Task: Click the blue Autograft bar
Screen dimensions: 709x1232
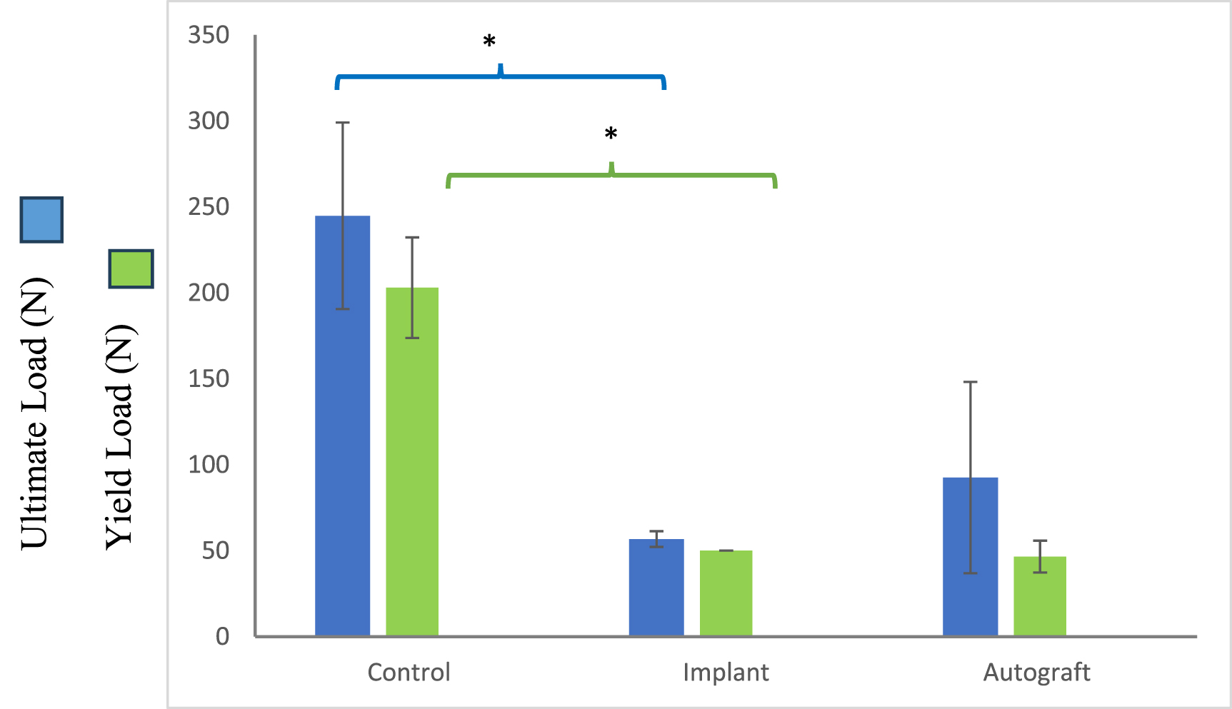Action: coord(970,556)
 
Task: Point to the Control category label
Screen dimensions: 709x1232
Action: coord(409,672)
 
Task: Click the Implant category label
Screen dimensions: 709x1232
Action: coord(726,672)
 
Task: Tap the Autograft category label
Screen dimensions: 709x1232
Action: coord(1036,672)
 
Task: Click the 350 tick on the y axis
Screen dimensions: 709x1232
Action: coord(209,34)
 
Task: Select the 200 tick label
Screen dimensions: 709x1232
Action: coord(209,292)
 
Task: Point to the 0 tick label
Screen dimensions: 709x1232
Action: coord(222,635)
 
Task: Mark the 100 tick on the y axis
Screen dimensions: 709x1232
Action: coord(209,464)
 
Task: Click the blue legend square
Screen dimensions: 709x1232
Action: coord(41,219)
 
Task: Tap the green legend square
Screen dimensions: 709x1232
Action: coord(131,268)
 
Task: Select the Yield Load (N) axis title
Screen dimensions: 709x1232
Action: coord(121,436)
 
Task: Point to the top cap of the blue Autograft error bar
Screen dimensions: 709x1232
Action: coord(970,382)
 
